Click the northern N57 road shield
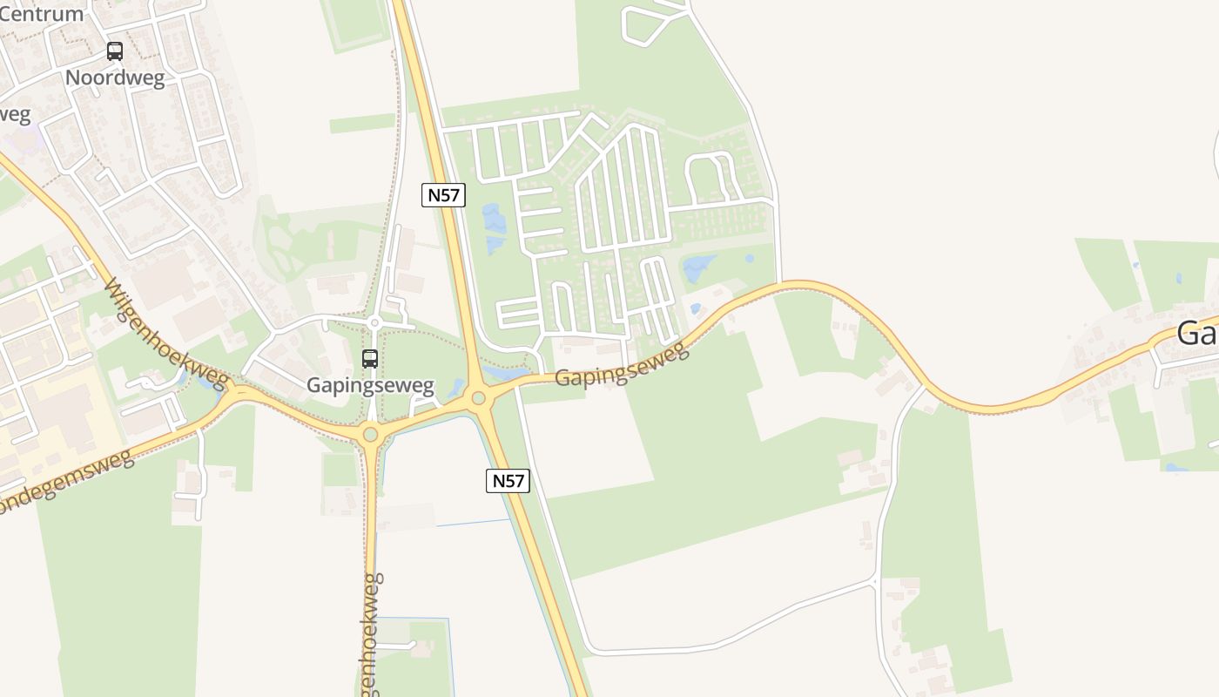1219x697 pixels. tap(444, 195)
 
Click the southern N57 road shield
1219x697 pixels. tap(508, 481)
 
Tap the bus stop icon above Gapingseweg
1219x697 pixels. tap(370, 358)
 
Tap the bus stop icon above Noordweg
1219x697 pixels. tap(115, 51)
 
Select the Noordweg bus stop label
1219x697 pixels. tap(115, 77)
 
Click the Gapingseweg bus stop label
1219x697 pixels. tap(370, 385)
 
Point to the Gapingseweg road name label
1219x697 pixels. tap(622, 366)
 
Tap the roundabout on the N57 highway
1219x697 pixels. tap(478, 399)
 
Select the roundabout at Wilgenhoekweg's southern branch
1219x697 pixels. tap(371, 433)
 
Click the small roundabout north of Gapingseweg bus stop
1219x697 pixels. tap(374, 323)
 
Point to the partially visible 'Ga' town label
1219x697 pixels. tap(1197, 333)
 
